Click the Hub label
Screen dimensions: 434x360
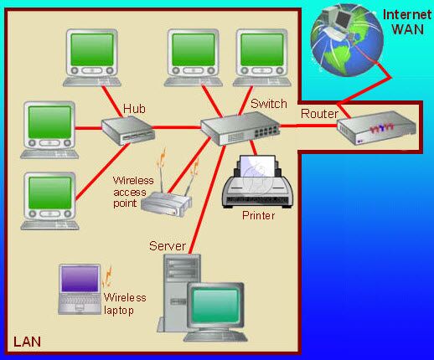point(134,109)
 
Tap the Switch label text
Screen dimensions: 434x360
point(269,104)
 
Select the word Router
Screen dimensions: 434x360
point(319,114)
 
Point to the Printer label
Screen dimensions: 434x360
point(258,215)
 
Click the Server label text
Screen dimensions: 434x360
point(168,246)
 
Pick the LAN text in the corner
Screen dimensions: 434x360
point(27,342)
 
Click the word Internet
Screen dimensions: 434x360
point(407,15)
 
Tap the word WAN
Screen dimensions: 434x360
point(408,29)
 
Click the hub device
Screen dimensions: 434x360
point(128,131)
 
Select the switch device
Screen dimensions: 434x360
point(240,128)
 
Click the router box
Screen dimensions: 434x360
point(376,127)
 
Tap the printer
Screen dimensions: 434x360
point(257,182)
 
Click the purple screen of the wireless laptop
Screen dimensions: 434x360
point(80,279)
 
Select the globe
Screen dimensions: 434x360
point(347,40)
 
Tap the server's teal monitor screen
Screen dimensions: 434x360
point(215,306)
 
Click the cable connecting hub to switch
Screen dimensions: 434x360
point(177,127)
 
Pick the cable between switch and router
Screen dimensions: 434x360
point(308,126)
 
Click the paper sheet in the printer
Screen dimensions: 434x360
point(257,167)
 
